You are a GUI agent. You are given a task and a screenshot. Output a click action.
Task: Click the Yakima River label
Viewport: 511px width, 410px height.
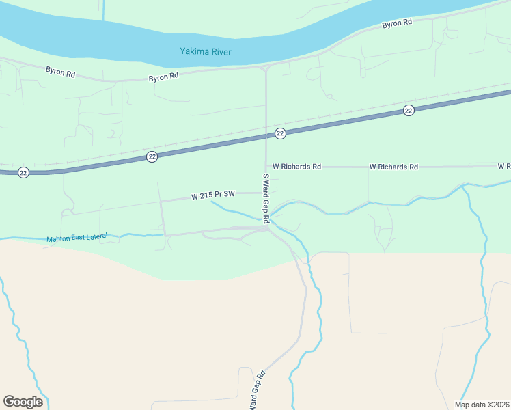point(206,51)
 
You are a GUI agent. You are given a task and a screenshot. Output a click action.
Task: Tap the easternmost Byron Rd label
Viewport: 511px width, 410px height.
point(397,24)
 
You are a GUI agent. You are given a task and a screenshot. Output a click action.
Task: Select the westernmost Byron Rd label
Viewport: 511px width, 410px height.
point(60,70)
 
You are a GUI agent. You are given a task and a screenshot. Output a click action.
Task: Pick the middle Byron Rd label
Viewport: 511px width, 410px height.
point(163,77)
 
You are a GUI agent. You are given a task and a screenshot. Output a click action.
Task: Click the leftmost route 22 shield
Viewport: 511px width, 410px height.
point(23,172)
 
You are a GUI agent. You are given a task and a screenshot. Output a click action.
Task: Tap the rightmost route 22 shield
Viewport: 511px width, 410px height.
point(409,111)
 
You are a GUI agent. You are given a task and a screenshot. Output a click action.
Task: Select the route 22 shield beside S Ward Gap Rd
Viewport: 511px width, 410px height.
point(280,134)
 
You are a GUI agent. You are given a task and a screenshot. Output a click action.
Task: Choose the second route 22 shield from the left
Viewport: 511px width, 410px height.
point(152,157)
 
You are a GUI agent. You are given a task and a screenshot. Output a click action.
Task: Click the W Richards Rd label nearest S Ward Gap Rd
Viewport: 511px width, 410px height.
point(296,166)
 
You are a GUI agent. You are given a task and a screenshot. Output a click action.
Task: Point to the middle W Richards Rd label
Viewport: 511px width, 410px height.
point(393,166)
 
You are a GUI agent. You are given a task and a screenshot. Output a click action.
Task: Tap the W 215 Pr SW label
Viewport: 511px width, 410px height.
point(213,195)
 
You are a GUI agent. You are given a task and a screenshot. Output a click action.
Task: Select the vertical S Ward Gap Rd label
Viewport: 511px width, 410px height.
point(266,199)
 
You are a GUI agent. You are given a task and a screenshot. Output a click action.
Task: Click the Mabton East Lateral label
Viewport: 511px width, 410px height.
point(77,238)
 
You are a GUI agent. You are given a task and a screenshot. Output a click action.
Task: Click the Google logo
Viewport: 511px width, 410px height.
point(23,402)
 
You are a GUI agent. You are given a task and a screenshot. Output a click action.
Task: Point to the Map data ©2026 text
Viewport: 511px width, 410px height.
point(482,405)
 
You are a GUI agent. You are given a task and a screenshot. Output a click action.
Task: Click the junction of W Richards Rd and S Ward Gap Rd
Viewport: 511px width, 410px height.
point(266,166)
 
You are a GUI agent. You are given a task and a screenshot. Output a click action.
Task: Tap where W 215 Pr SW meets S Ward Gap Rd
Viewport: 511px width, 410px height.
point(266,193)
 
